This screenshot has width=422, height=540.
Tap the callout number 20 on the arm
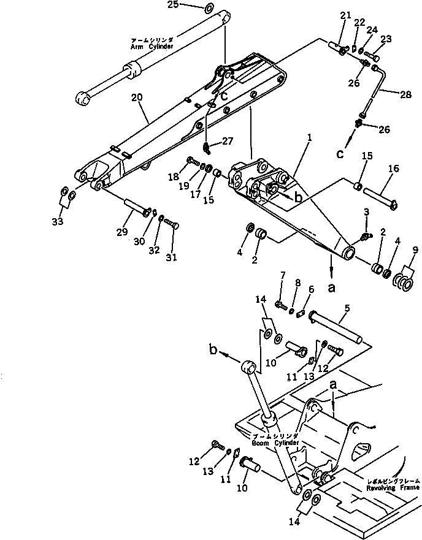click(x=137, y=97)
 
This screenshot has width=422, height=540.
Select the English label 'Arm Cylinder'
click(x=152, y=47)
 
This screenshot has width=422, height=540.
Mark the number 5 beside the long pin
click(x=347, y=310)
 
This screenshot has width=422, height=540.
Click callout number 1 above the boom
click(x=310, y=139)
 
